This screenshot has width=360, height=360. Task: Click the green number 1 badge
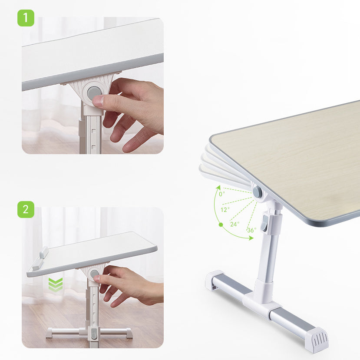pyautogui.click(x=26, y=18)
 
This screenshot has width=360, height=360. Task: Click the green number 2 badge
pyautogui.click(x=26, y=210)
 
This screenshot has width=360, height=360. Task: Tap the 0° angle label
pyautogui.click(x=222, y=194)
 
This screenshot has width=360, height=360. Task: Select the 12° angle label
pyautogui.click(x=225, y=210)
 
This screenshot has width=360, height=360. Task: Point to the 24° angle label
pyautogui.click(x=234, y=224)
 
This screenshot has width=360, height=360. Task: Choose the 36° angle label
pyautogui.click(x=251, y=230)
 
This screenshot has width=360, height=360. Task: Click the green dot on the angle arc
pyautogui.click(x=221, y=225)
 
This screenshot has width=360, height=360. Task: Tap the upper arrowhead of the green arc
pyautogui.click(x=218, y=188)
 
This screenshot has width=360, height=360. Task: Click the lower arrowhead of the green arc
pyautogui.click(x=251, y=238)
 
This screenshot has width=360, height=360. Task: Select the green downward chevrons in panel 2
pyautogui.click(x=56, y=285)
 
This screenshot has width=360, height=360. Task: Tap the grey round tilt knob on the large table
pyautogui.click(x=258, y=191)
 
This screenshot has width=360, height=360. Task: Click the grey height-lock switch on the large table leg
pyautogui.click(x=265, y=223)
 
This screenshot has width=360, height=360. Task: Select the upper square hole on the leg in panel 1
pyautogui.click(x=94, y=132)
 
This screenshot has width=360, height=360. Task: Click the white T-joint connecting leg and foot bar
pyautogui.click(x=262, y=296)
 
